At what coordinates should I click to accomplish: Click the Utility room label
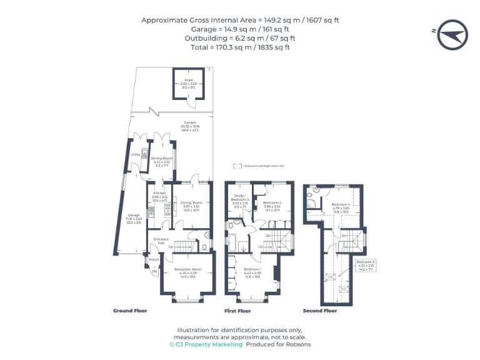pos(134,154)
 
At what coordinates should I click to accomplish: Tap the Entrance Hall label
pos(162,241)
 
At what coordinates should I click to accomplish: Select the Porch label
pos(154,259)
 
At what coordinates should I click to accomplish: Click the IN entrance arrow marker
pos(154,271)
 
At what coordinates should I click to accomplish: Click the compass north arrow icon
pos(452,34)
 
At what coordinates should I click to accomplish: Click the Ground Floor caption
pos(129,311)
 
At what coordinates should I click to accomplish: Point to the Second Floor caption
pos(319,311)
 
